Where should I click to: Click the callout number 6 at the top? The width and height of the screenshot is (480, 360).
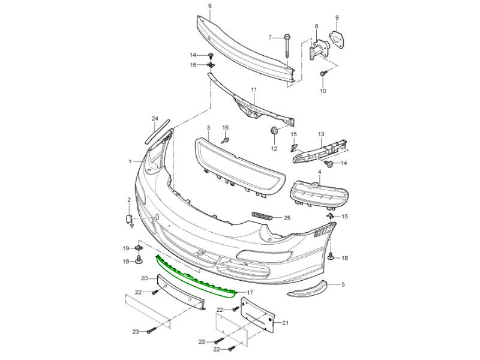(x=209, y=6)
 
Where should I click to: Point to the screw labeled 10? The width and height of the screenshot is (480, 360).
(x=323, y=73)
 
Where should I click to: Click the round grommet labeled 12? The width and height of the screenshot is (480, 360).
(x=272, y=131)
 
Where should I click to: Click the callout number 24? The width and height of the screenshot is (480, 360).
(x=154, y=119)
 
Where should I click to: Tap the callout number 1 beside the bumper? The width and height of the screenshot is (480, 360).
(x=130, y=161)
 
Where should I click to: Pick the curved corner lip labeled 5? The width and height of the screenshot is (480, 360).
(x=310, y=289)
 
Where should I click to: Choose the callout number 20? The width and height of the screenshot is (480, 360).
(x=144, y=278)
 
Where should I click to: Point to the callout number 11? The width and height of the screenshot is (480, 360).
(x=254, y=90)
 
